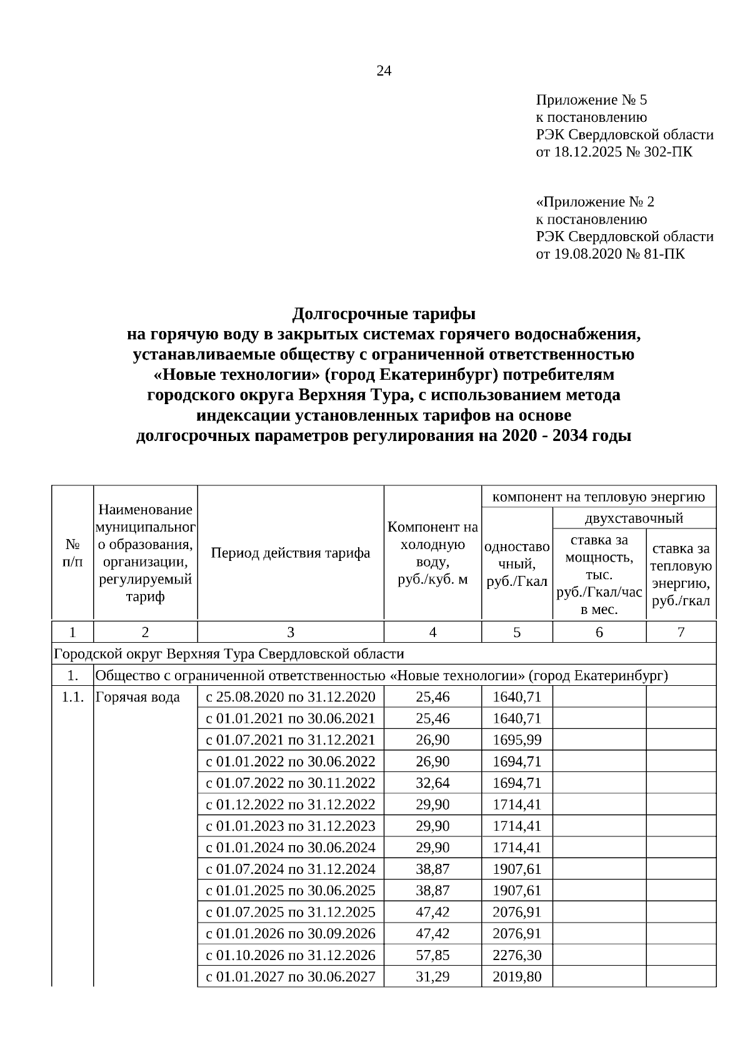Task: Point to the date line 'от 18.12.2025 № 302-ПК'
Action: tap(614, 152)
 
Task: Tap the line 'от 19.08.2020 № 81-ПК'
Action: tap(610, 254)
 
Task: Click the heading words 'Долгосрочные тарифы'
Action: tap(384, 313)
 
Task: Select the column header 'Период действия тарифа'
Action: tap(291, 553)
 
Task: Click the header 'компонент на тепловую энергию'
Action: tap(599, 497)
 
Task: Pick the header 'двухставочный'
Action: tap(634, 518)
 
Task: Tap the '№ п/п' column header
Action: tap(72, 553)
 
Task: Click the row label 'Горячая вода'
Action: tap(137, 697)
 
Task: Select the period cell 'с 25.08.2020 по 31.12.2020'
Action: tap(291, 697)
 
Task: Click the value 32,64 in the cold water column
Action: tap(432, 783)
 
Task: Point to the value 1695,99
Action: tap(517, 740)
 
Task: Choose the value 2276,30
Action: tap(517, 956)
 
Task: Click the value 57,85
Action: tap(432, 956)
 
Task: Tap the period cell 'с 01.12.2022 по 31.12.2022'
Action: tap(291, 805)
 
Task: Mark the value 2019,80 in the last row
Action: tap(517, 977)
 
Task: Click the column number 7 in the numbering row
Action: tap(681, 632)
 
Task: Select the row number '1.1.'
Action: tap(73, 697)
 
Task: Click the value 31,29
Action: tap(432, 977)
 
